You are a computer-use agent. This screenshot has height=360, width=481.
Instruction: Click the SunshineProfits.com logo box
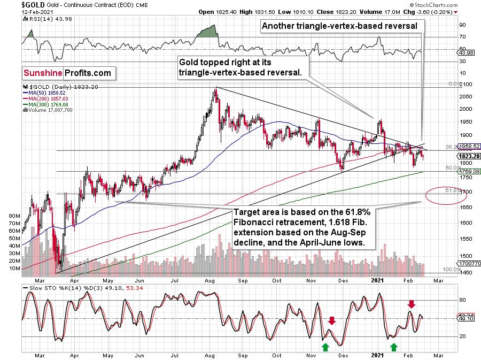point(67,73)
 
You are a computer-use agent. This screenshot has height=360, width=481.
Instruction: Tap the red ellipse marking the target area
point(444,196)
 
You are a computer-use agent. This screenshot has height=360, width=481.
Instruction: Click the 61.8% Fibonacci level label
point(452,190)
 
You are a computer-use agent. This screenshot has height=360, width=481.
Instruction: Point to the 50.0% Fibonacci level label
point(452,168)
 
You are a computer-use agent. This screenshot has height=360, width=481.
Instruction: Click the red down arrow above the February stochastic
point(411,304)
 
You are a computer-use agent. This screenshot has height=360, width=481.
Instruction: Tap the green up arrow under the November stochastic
point(325,347)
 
